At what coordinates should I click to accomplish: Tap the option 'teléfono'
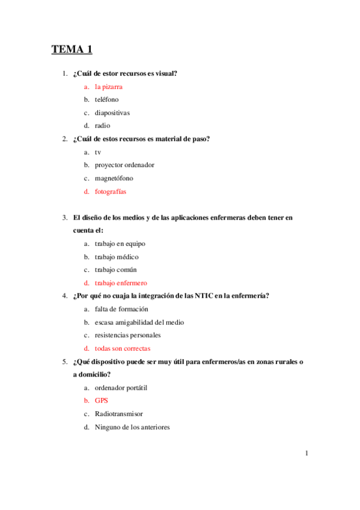pos(106,100)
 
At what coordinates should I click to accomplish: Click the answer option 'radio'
pos(102,126)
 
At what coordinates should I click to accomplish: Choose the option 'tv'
pos(98,152)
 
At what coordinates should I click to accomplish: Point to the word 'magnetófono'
pos(114,178)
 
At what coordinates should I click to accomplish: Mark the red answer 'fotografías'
pos(111,191)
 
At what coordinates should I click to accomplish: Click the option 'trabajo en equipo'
pos(120,244)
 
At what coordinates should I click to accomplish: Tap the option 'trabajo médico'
pos(117,257)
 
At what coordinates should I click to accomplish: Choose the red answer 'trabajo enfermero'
pos(121,283)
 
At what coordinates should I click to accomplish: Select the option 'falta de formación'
pos(121,309)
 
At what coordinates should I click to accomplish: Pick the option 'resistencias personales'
pos(127,335)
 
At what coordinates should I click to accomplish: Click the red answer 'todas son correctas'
pos(123,348)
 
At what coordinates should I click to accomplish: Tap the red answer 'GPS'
pos(102,401)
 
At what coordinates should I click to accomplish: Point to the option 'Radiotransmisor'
pos(118,414)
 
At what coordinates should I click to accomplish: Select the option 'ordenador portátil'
pos(121,388)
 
